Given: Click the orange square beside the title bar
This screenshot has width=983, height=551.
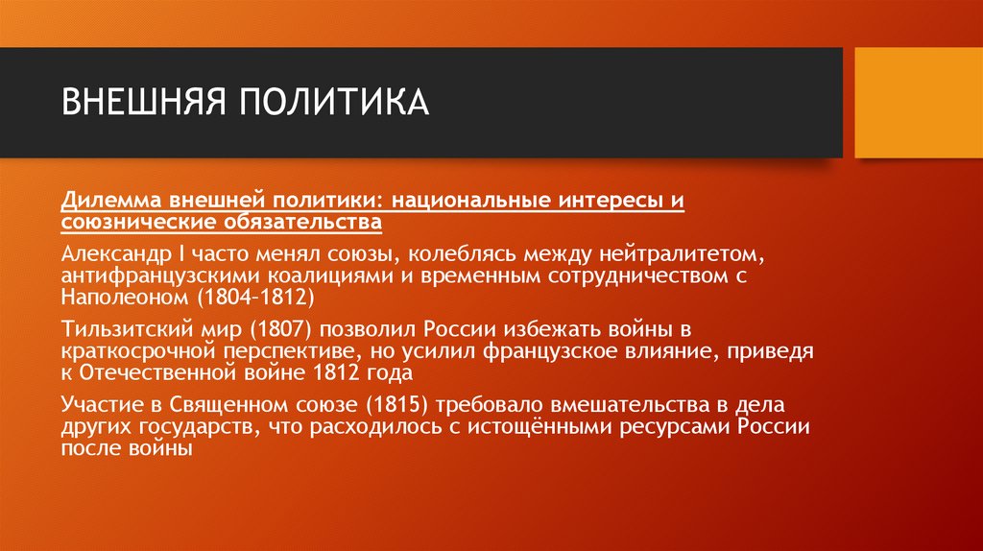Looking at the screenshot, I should click(918, 103).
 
